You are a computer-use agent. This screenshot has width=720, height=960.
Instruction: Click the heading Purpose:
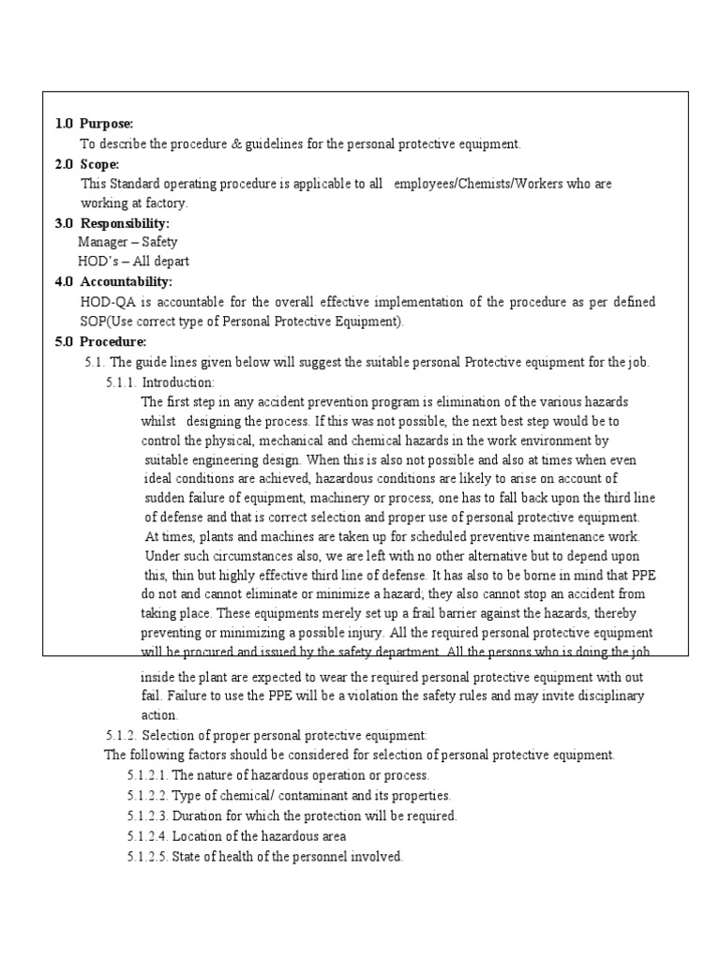pos(106,124)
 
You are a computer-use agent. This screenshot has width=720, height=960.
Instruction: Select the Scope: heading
pos(99,164)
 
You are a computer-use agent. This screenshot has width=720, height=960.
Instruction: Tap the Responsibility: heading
pos(125,223)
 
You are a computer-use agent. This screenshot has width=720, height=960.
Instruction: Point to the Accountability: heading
pos(127,281)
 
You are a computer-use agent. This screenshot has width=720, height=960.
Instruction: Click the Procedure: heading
pos(112,342)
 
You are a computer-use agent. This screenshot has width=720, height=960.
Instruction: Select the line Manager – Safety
pos(127,242)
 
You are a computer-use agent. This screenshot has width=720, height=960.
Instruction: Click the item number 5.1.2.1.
pos(147,775)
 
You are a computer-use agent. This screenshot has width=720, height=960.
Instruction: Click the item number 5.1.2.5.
pos(147,856)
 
